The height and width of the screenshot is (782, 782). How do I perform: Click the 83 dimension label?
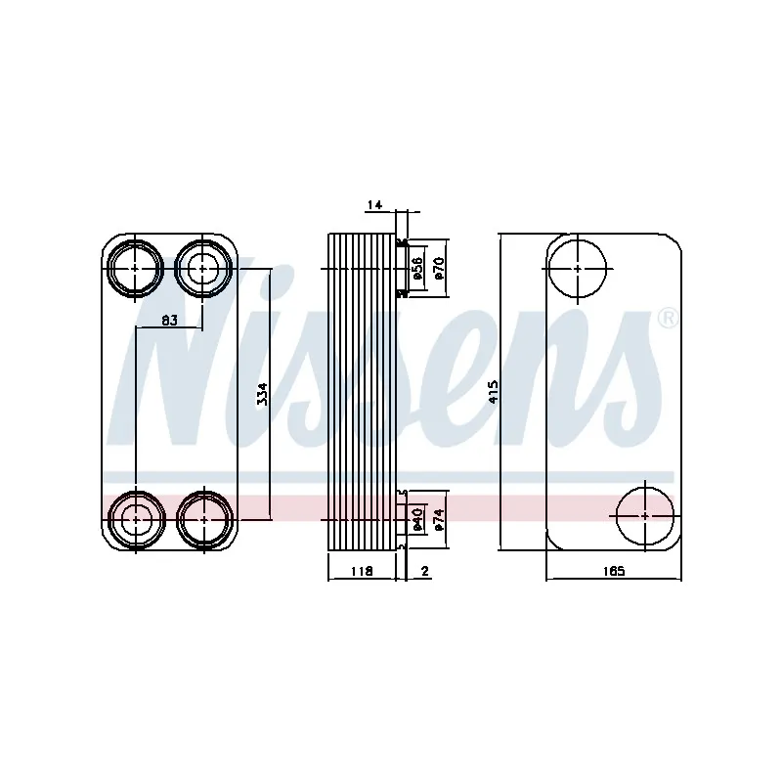pyautogui.click(x=169, y=320)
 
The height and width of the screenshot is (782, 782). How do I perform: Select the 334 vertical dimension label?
pyautogui.click(x=261, y=394)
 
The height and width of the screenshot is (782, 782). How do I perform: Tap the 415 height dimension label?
pyautogui.click(x=494, y=392)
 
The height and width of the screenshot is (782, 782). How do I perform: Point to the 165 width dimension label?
pyautogui.click(x=612, y=571)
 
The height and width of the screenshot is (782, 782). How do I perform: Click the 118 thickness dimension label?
pyautogui.click(x=361, y=571)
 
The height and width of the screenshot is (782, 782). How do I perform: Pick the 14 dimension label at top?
pyautogui.click(x=374, y=204)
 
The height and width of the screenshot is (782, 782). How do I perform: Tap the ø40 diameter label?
pyautogui.click(x=416, y=519)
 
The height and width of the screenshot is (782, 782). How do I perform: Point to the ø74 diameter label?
pyautogui.click(x=439, y=519)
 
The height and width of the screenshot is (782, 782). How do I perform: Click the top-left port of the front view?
pyautogui.click(x=135, y=267)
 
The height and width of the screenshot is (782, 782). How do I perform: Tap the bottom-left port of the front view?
pyautogui.click(x=135, y=519)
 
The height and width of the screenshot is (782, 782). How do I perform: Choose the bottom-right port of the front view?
pyautogui.click(x=202, y=519)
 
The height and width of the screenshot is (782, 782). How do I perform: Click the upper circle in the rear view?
pyautogui.click(x=578, y=267)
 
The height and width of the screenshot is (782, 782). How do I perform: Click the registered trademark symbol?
pyautogui.click(x=667, y=318)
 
